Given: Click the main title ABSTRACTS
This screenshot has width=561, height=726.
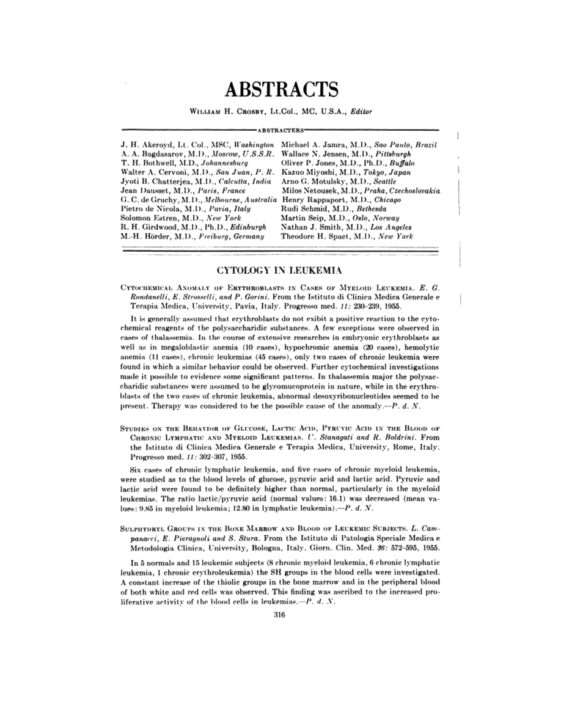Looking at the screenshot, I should coord(280,90).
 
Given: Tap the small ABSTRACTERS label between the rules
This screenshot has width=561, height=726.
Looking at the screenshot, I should coord(280,130).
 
